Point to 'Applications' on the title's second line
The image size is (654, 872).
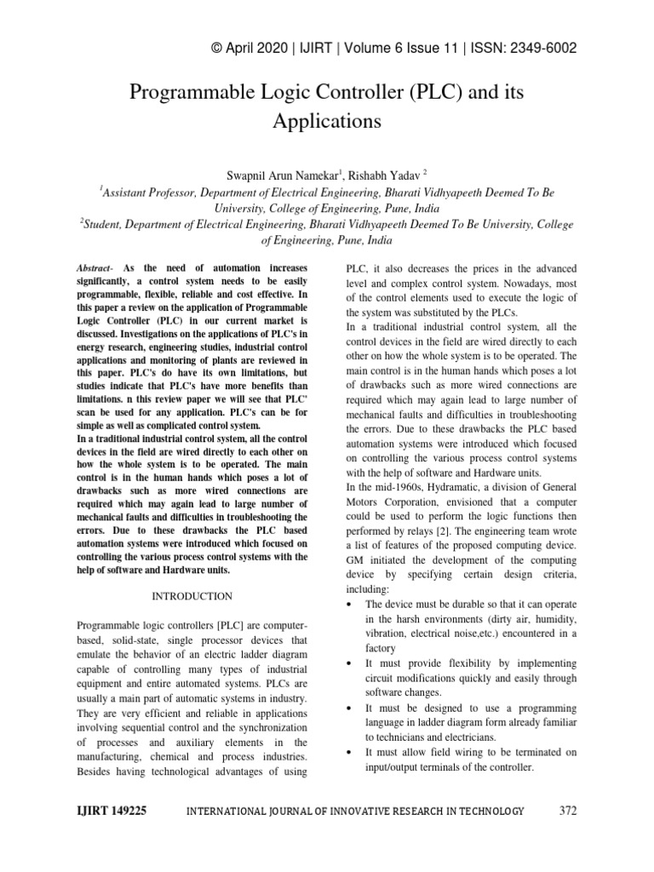pos(327,121)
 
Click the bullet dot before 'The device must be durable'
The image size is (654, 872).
pos(352,604)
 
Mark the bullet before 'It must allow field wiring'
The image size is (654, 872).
pos(352,753)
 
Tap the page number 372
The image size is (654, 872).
pos(568,811)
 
